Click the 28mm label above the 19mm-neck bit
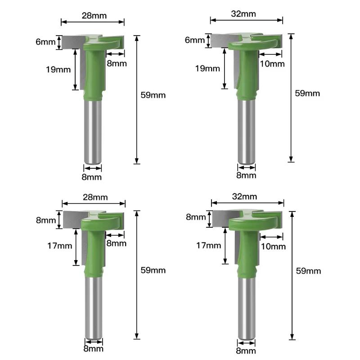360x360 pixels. tap(94, 16)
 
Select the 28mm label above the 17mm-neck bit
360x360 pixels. tap(95, 197)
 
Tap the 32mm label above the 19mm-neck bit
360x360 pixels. tap(243, 14)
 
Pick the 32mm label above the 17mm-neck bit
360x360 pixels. tap(244, 197)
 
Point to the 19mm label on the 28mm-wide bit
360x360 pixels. tap(58, 69)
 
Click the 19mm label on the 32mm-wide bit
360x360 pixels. tap(207, 68)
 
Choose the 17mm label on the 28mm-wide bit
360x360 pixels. tap(60, 246)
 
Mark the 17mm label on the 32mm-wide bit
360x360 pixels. tap(208, 245)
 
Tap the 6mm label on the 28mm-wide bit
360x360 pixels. tap(45, 42)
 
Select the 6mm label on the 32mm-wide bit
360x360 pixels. tap(195, 40)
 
